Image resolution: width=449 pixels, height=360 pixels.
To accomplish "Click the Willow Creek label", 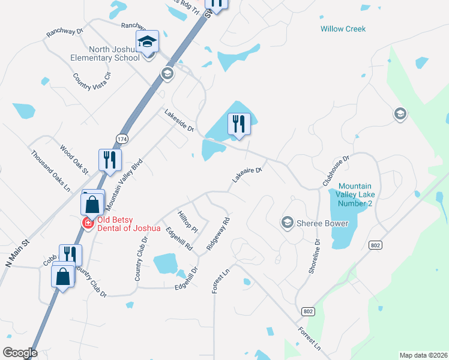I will pos(343,29).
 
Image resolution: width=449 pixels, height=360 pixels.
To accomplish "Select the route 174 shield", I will pos(122,139).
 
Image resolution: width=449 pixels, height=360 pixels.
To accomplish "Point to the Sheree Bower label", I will pos(322,223).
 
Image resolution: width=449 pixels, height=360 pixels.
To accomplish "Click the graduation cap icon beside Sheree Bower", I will pos(287,223).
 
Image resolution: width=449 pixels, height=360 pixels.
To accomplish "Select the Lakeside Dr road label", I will pos(179,120).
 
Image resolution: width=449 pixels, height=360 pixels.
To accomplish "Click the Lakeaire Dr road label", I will pos(247,174).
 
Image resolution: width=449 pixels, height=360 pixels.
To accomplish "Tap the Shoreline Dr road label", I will pos(315,257).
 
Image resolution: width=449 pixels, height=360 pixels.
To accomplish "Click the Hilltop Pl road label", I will pos(188,221).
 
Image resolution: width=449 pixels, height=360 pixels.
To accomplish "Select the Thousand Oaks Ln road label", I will pos(50,170).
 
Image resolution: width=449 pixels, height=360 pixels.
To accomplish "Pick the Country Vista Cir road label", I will pos(92,85).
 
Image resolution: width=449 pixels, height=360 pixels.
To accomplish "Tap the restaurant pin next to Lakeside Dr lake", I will pos(239,125).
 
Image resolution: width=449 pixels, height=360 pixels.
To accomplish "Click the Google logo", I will pos(20,353).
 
